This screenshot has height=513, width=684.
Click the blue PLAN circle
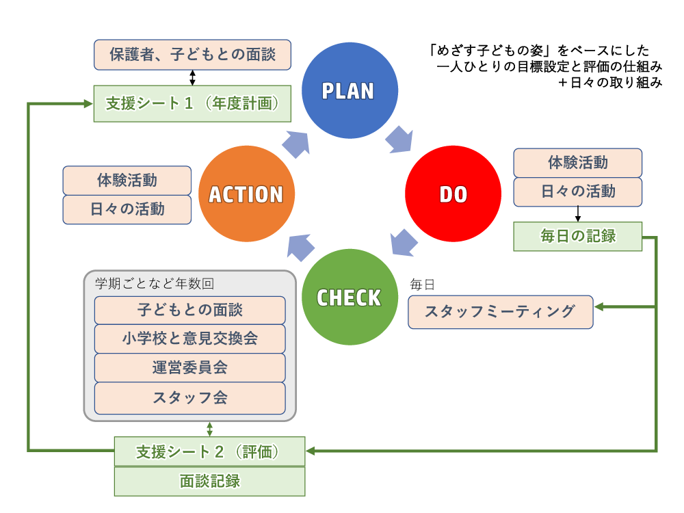pos(348,90)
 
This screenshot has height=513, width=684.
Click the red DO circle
pos(453,194)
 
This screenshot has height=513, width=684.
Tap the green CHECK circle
pos(349,298)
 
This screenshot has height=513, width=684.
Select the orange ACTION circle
pos(246,194)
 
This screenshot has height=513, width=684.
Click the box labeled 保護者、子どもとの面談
pos(192,54)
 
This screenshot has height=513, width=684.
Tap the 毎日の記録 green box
pos(578,237)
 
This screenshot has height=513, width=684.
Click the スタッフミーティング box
pos(501,312)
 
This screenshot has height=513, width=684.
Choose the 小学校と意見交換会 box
pos(190,339)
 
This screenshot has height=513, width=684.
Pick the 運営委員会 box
pos(190,368)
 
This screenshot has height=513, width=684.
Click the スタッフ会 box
pos(190,397)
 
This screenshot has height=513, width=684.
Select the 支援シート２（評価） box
pos(209,452)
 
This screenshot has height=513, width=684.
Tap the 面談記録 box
pos(209,482)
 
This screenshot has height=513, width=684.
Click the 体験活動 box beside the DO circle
pos(578,163)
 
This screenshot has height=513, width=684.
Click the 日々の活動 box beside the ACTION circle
pos(127,209)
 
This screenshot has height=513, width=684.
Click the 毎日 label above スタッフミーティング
pos(422,284)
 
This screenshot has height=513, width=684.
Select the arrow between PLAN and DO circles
pos(399,138)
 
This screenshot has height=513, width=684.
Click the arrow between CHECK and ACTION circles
pos(300,246)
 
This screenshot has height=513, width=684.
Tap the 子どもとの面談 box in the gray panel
pos(190,310)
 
